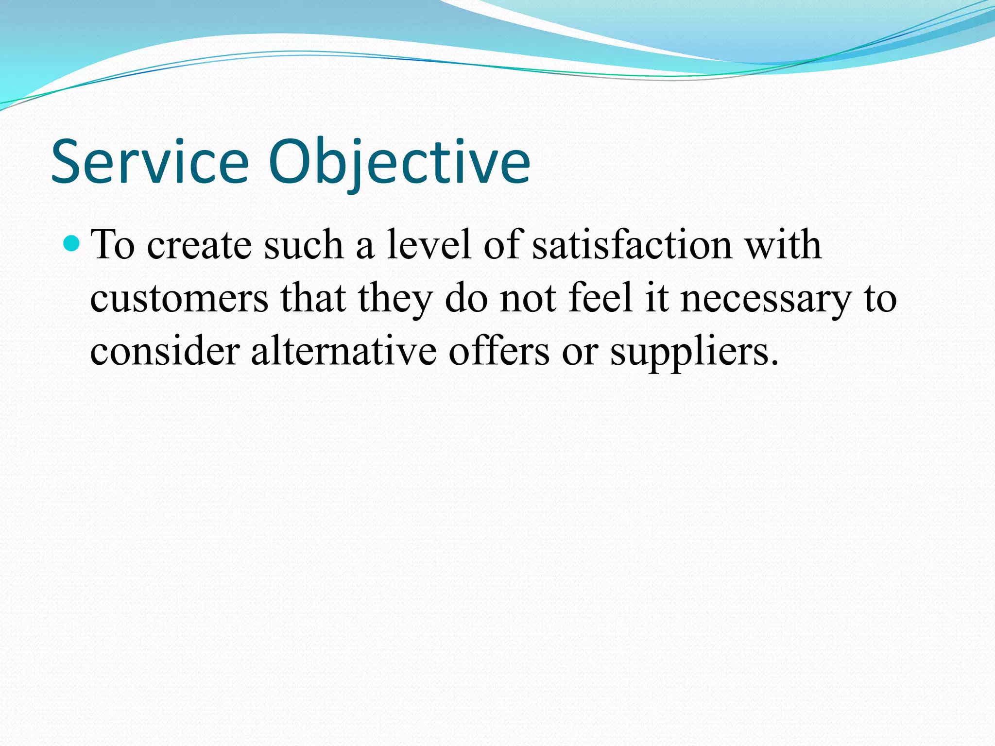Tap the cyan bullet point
point(71,243)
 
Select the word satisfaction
point(632,245)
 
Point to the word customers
point(179,298)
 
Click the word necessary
point(766,298)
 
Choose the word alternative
point(343,351)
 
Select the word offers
point(499,351)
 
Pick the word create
point(200,246)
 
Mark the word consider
point(165,351)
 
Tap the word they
point(395,298)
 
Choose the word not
point(528,298)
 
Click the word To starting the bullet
point(113,245)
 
